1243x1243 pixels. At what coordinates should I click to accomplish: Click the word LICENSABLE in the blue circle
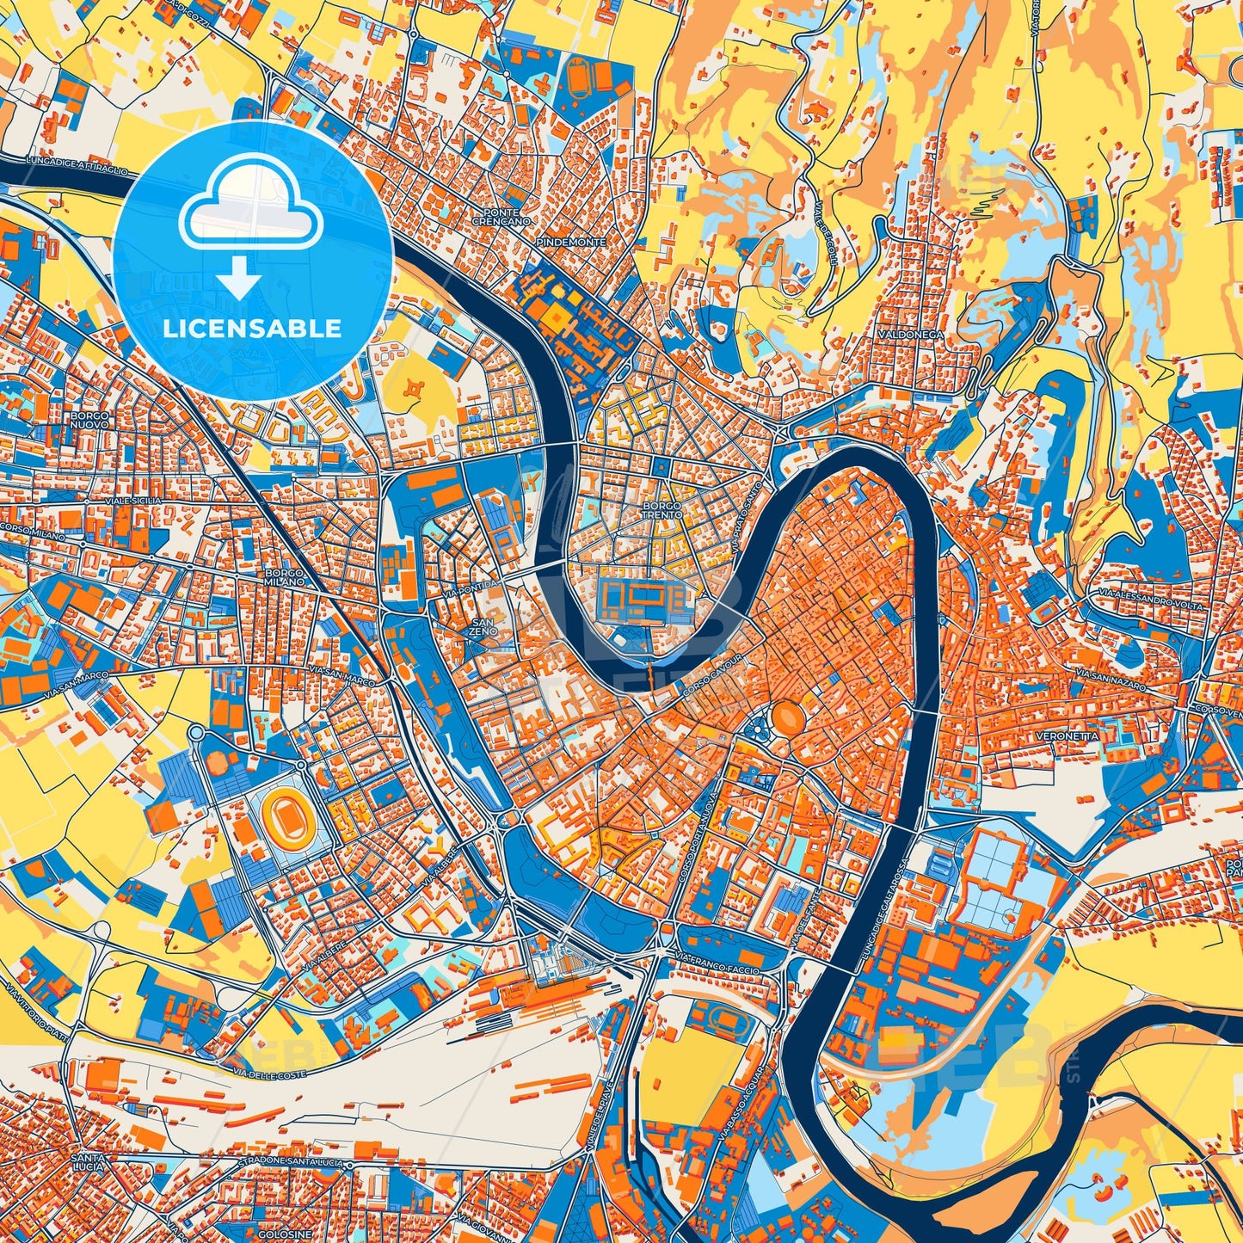click(252, 329)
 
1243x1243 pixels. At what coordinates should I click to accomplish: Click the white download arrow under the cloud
click(239, 277)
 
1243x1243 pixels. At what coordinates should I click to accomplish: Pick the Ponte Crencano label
click(502, 217)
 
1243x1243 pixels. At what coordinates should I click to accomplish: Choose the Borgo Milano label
click(285, 577)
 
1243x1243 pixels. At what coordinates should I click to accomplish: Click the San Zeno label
click(483, 626)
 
